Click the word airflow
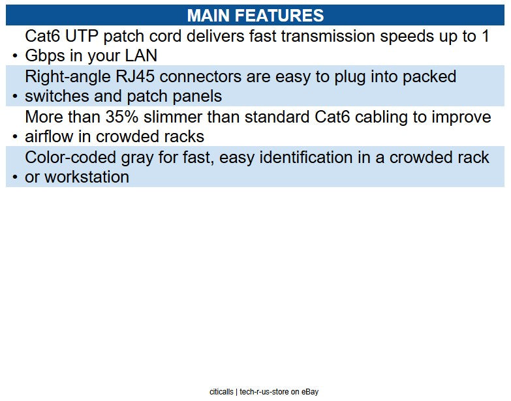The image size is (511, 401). pos(50,137)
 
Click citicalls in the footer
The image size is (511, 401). pos(221,392)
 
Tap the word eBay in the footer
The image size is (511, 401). pos(309,392)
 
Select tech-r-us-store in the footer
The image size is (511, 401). pos(264,392)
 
